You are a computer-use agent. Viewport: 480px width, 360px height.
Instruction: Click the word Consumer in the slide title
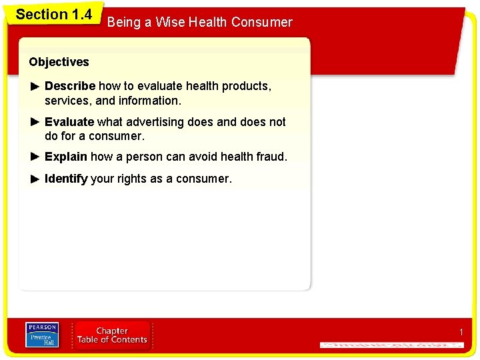point(261,22)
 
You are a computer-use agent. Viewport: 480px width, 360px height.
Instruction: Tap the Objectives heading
point(59,62)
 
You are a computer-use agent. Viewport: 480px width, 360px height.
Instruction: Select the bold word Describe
point(69,86)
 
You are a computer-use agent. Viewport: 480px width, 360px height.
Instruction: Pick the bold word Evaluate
point(69,122)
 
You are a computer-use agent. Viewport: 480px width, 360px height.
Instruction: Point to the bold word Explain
point(65,157)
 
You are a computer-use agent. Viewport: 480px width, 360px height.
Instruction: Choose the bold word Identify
point(66,179)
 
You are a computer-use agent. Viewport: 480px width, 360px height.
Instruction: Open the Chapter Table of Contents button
point(112,335)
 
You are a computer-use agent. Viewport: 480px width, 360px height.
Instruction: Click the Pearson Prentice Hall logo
point(41,335)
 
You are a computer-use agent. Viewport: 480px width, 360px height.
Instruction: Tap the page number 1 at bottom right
point(460,332)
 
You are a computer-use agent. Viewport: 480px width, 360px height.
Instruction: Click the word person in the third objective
point(161,157)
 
